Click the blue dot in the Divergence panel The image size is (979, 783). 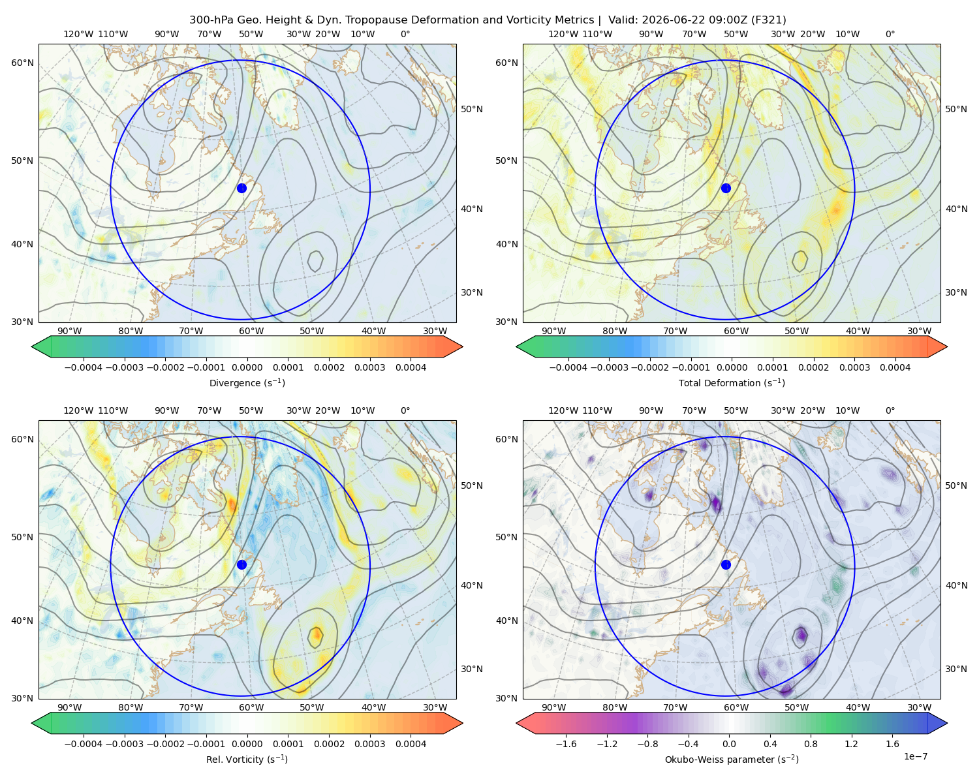[x=241, y=188]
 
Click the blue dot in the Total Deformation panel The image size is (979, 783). [x=726, y=188]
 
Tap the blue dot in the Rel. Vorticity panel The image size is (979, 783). [x=241, y=564]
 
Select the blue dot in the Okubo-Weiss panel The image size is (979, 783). [x=726, y=564]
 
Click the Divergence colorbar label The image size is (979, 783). [x=247, y=382]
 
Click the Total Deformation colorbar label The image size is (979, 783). [x=732, y=382]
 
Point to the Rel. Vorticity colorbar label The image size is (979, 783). [x=247, y=759]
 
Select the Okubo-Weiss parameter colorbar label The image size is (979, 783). [x=732, y=759]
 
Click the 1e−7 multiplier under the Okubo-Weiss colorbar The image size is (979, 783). [x=915, y=756]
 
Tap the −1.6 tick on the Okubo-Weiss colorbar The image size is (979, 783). [x=566, y=744]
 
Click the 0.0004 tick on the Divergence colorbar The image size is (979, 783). [x=411, y=367]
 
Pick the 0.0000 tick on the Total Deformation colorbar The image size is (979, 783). [x=732, y=367]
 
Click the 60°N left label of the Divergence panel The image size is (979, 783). [x=22, y=63]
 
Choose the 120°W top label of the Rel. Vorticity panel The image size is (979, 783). [x=78, y=410]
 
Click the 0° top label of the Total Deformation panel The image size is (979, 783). [x=890, y=34]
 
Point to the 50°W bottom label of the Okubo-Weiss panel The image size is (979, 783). [x=796, y=707]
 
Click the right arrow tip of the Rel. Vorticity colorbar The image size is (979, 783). [x=463, y=723]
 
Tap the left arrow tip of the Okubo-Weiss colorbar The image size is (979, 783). [x=516, y=723]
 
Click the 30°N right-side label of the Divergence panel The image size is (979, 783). [x=472, y=292]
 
